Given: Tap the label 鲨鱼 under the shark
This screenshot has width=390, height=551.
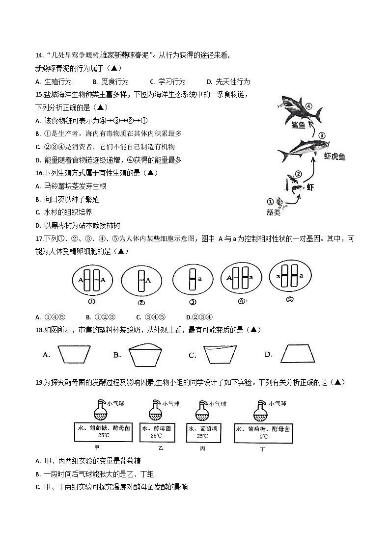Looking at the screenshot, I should pos(298,126).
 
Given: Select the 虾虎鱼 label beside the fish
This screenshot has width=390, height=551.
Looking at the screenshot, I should pos(334,157).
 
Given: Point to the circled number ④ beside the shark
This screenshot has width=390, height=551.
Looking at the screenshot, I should pos(308,105).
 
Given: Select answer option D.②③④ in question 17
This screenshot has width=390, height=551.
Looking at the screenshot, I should pos(201,317).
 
